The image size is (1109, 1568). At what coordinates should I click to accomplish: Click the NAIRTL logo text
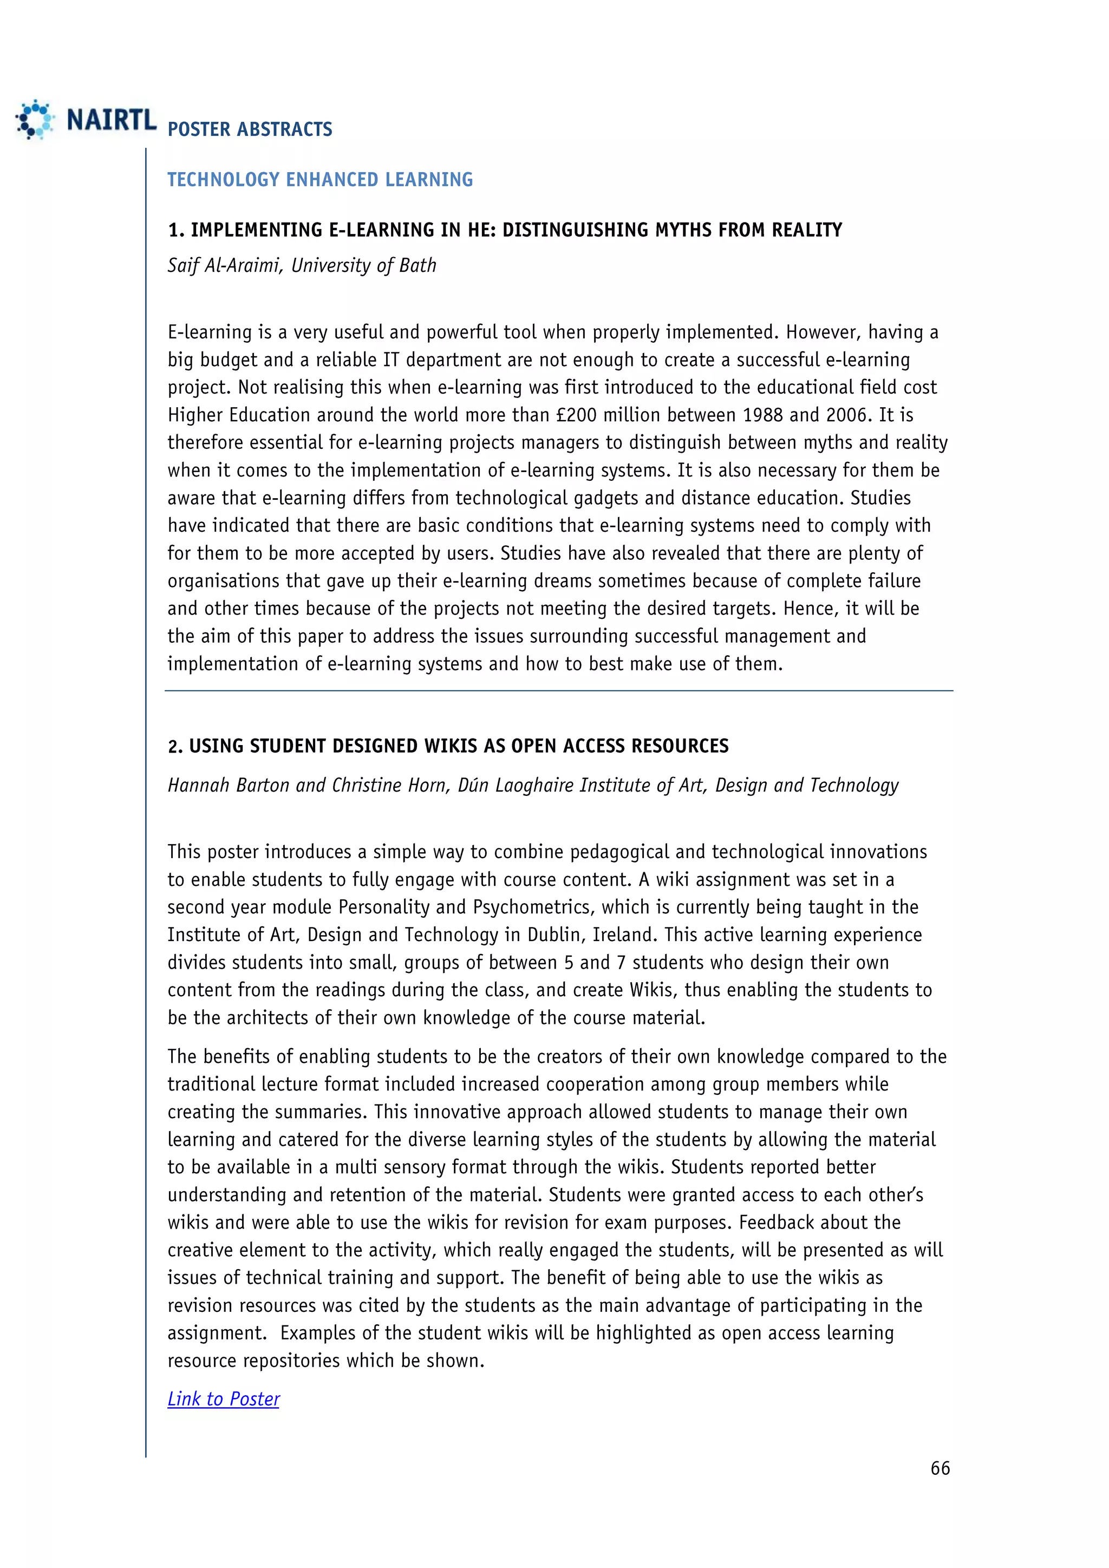tap(112, 120)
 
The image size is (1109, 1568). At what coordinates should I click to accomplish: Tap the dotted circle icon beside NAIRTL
tap(34, 120)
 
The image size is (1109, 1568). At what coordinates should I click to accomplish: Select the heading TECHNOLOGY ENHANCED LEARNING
tap(320, 180)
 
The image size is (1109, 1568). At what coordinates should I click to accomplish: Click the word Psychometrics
tap(531, 907)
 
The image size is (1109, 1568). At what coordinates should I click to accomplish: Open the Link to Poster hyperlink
tap(223, 1399)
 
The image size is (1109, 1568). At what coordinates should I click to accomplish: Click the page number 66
tap(940, 1468)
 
